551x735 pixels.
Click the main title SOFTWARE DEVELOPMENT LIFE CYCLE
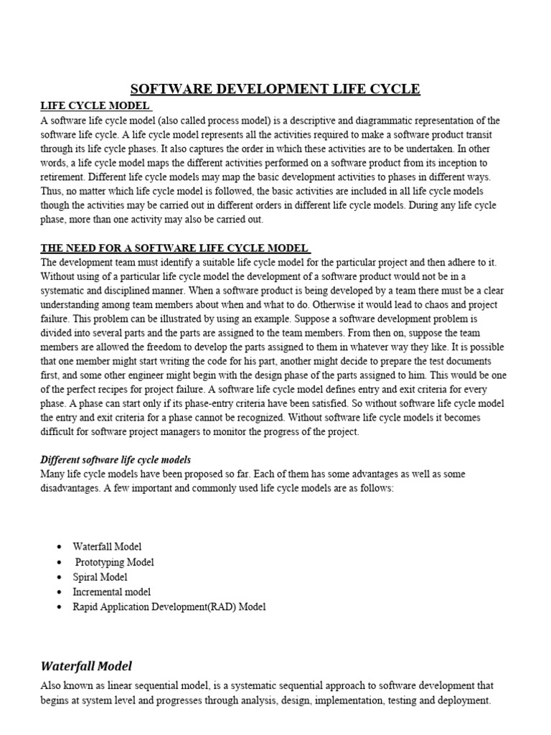click(275, 89)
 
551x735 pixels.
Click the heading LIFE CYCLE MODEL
click(95, 106)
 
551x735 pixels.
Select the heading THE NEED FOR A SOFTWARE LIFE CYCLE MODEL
click(174, 248)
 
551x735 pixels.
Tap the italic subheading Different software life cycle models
click(116, 459)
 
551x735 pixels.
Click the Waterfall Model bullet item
click(107, 547)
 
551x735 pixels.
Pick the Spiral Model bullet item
click(100, 577)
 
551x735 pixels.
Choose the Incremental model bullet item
click(111, 592)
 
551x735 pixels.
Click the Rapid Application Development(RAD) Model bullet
click(169, 607)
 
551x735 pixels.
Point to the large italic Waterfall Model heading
click(86, 665)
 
